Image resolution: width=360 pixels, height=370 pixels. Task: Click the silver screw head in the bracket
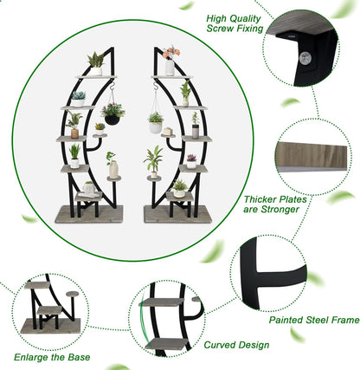click(x=305, y=58)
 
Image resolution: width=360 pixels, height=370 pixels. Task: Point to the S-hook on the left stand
click(x=112, y=85)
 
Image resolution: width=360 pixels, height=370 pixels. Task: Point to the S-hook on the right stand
click(x=156, y=86)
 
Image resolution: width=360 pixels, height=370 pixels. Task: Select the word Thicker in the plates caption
click(x=260, y=199)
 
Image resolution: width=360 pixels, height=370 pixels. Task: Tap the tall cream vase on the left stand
click(x=113, y=170)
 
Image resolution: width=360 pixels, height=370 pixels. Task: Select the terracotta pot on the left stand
click(x=74, y=133)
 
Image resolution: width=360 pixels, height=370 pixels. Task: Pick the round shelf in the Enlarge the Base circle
click(x=73, y=294)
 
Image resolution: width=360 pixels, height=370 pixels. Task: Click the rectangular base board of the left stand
click(x=89, y=214)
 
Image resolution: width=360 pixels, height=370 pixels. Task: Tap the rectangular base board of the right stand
click(x=178, y=214)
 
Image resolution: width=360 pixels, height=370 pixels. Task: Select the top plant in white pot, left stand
click(x=96, y=64)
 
